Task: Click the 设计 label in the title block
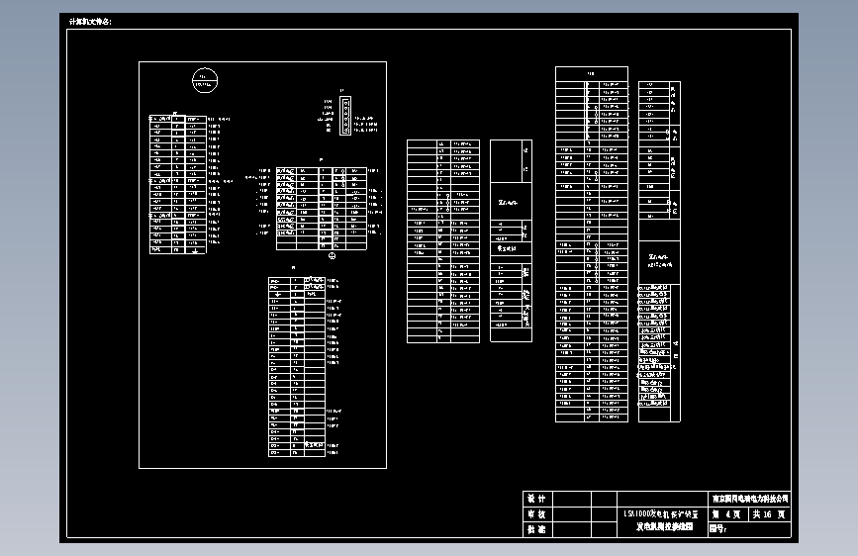[x=536, y=500]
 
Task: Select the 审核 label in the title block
[x=536, y=514]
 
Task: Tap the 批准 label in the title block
[x=536, y=529]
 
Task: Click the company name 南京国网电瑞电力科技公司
[x=750, y=500]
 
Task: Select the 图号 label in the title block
[x=718, y=529]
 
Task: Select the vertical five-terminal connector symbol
[x=345, y=115]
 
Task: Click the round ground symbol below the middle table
[x=334, y=256]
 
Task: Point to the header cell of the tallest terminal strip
[x=591, y=73]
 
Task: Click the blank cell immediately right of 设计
[x=570, y=500]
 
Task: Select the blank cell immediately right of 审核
[x=570, y=514]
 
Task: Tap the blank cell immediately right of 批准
[x=570, y=529]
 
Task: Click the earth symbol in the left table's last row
[x=194, y=249]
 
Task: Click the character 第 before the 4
[x=716, y=514]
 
